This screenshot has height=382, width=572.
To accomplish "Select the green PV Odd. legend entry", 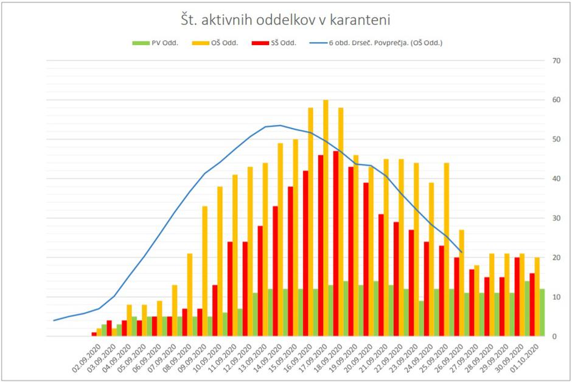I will (x=156, y=43).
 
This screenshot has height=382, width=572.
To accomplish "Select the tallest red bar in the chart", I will (x=336, y=244).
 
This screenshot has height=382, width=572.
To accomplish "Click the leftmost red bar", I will (x=94, y=334).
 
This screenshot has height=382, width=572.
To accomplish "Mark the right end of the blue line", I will (x=462, y=252).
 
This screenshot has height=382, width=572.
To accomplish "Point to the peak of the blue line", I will (x=280, y=126).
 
